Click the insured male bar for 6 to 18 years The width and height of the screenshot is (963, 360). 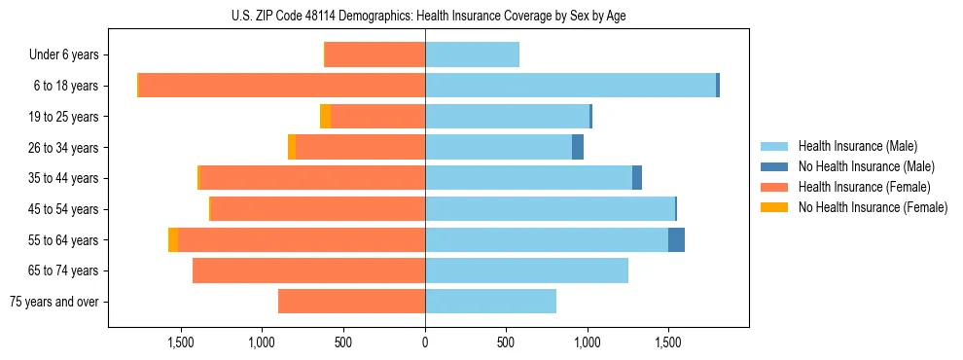coord(570,86)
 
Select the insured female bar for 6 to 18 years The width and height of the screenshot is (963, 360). coord(282,86)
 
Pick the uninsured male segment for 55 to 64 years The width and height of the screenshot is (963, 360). coord(676,240)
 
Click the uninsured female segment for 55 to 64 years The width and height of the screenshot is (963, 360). coord(173,240)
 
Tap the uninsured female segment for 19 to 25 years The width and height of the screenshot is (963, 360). coord(325,117)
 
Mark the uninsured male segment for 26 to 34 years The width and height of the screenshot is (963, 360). coord(578,148)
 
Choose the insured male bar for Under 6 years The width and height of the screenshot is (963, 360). coord(472,54)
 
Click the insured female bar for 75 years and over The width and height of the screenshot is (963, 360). coord(351,302)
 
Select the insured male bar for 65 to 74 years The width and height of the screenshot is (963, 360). coord(526,270)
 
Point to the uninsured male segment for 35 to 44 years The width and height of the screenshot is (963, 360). coord(637,178)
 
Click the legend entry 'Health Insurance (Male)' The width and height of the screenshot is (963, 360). coord(857,146)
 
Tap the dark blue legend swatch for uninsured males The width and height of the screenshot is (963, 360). coord(775,166)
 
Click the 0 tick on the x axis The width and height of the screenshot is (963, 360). coord(425,342)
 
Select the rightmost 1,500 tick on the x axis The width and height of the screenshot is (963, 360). coord(668,342)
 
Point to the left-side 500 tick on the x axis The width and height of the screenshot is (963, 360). coord(343,342)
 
